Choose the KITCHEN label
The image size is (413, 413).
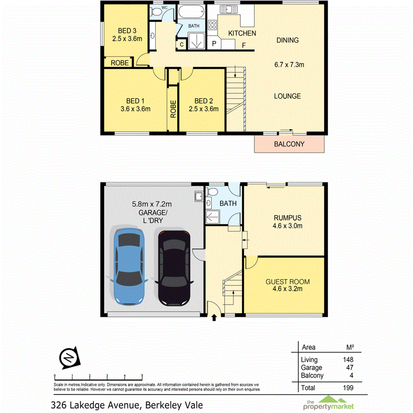point(242,33)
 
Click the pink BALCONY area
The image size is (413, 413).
point(289,144)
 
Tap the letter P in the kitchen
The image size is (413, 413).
point(214,44)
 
